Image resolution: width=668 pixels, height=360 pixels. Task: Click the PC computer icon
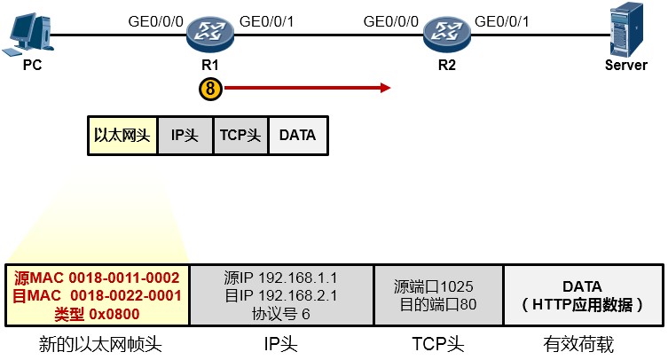click(x=28, y=35)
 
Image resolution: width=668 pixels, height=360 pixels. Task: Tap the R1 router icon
click(x=210, y=34)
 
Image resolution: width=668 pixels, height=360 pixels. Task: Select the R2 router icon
click(x=447, y=34)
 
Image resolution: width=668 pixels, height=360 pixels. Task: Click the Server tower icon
click(x=626, y=29)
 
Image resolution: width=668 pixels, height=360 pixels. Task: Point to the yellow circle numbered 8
click(x=210, y=89)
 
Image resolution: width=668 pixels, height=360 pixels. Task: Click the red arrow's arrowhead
click(x=386, y=88)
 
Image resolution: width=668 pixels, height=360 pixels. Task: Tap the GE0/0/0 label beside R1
click(x=156, y=21)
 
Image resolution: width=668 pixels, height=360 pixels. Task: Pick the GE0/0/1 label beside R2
click(x=502, y=21)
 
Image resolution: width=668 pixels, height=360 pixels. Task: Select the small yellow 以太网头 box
click(x=122, y=136)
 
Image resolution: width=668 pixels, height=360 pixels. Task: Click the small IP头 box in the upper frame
click(x=185, y=136)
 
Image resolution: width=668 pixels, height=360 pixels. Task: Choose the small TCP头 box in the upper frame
click(x=240, y=136)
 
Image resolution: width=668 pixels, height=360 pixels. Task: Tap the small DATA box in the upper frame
click(x=298, y=136)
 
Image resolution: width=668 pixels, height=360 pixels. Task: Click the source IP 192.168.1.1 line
click(x=280, y=278)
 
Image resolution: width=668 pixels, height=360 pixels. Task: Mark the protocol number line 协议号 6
click(x=280, y=314)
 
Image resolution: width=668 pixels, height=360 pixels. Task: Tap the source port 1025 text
click(x=433, y=286)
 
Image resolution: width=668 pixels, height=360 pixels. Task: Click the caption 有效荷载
click(x=578, y=344)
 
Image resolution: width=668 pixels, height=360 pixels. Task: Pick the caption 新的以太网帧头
click(x=100, y=344)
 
